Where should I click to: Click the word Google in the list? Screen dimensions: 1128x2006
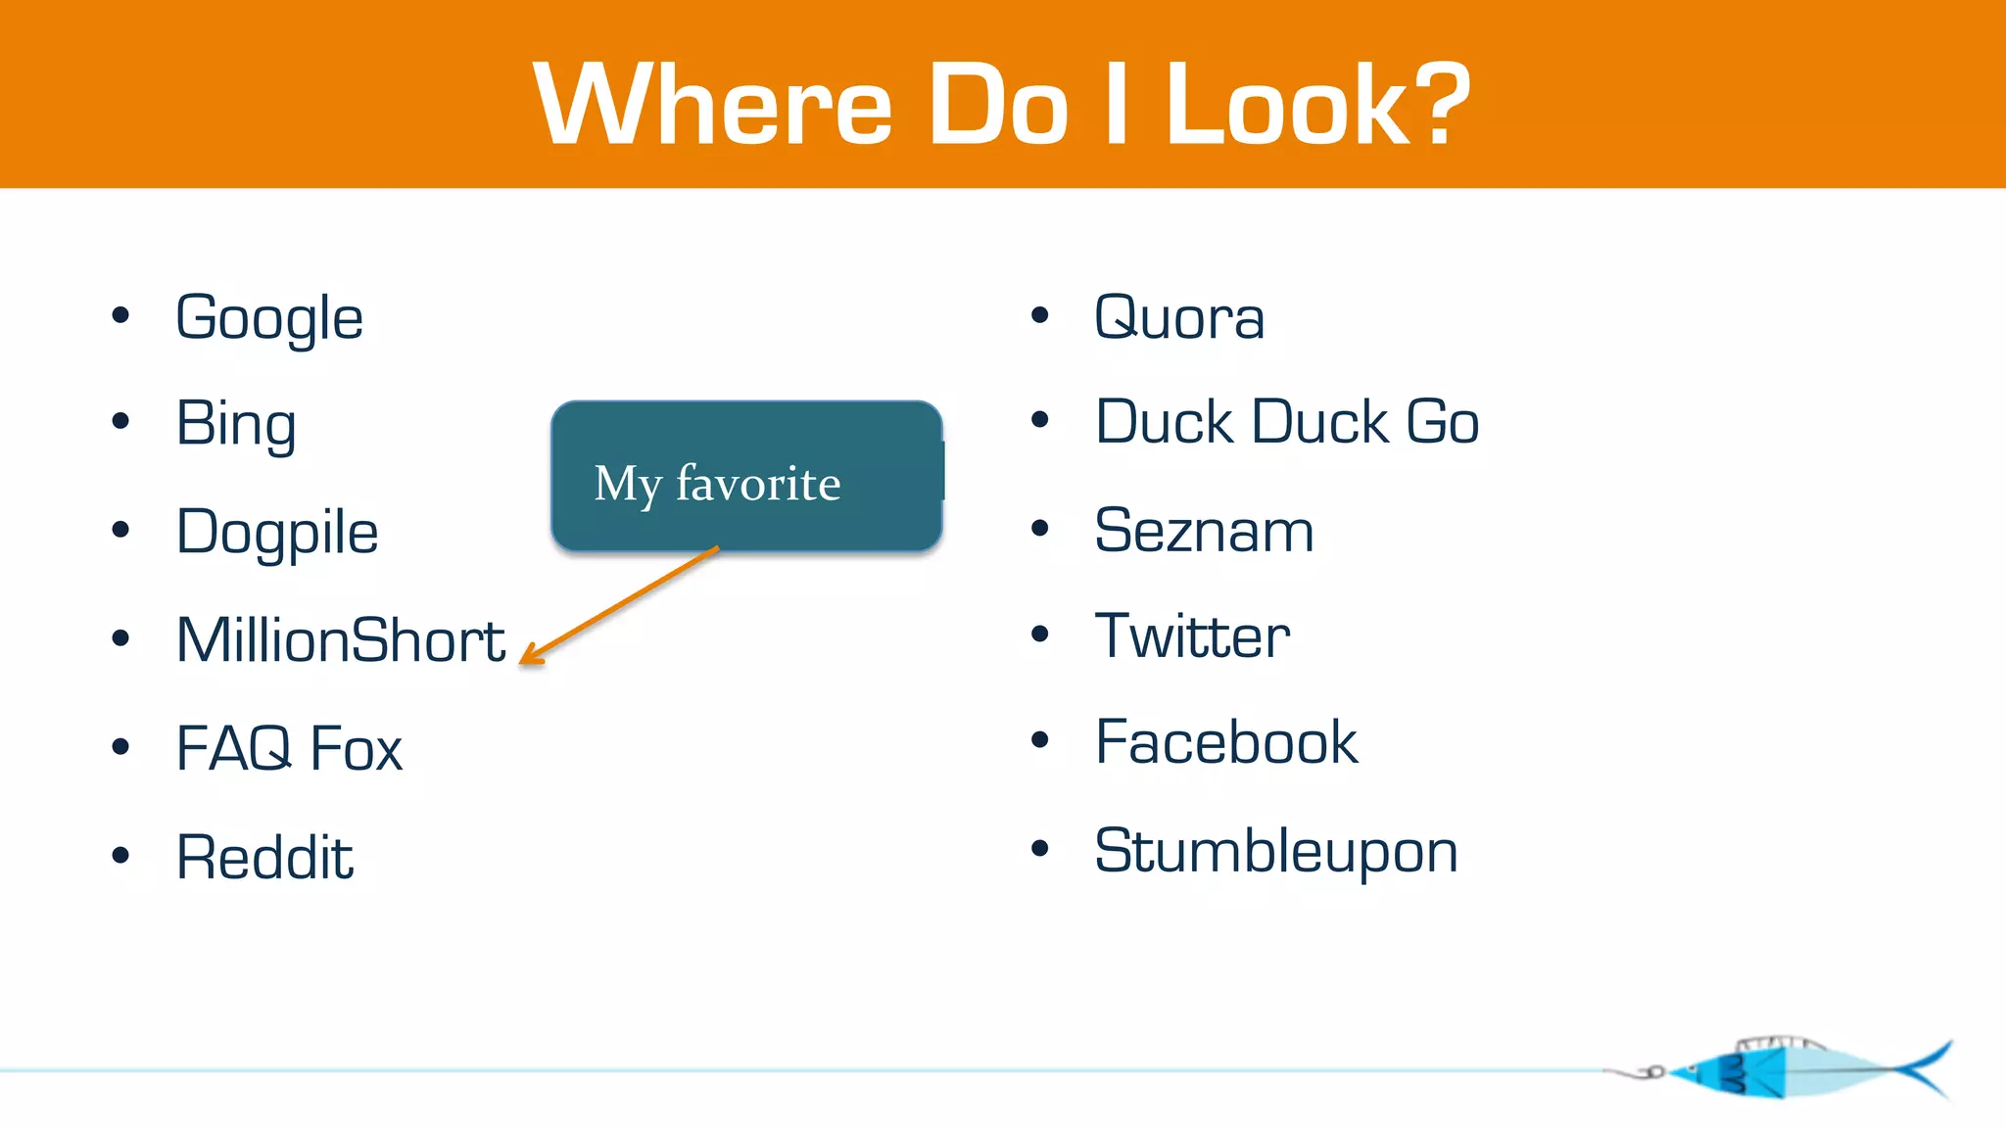[269, 319]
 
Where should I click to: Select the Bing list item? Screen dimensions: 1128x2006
[236, 425]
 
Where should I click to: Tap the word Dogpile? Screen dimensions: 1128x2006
[277, 534]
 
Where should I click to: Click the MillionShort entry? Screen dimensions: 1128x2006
[341, 640]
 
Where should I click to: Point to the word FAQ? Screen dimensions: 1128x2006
[233, 749]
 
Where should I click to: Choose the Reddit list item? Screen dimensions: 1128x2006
[264, 858]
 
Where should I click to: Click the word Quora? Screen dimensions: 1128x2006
[1179, 319]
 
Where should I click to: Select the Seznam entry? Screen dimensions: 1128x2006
[1204, 532]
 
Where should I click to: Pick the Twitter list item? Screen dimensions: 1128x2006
[1192, 636]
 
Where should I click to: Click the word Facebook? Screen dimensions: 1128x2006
[1226, 743]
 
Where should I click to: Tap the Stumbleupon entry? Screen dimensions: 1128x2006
[1276, 852]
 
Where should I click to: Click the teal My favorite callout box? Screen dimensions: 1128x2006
[746, 476]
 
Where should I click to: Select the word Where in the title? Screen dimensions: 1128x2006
[712, 104]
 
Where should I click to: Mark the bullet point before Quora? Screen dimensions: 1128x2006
[1040, 316]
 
